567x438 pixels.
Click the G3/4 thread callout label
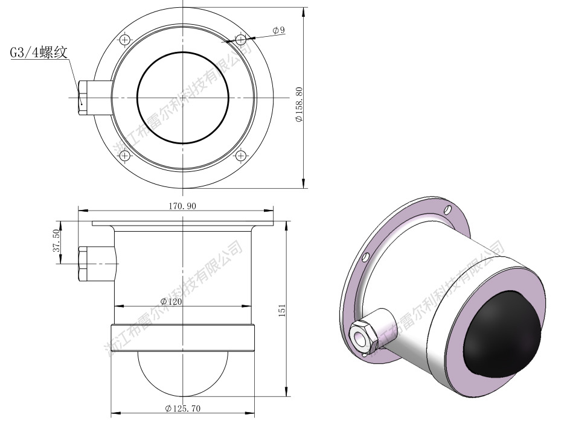(x=38, y=52)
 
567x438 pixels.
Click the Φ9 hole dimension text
(x=278, y=30)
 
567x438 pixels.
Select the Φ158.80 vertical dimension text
(x=299, y=104)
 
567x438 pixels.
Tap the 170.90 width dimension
(x=182, y=206)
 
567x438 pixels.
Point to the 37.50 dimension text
(x=56, y=241)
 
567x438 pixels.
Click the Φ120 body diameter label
(x=171, y=302)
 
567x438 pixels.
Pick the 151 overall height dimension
(x=282, y=311)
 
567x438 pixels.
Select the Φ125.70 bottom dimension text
(x=182, y=408)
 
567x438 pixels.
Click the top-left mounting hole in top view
(x=125, y=39)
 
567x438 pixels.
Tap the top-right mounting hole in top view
(x=241, y=39)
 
